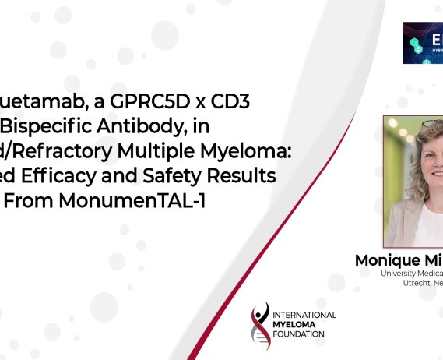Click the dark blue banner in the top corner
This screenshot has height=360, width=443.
(x=423, y=42)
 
